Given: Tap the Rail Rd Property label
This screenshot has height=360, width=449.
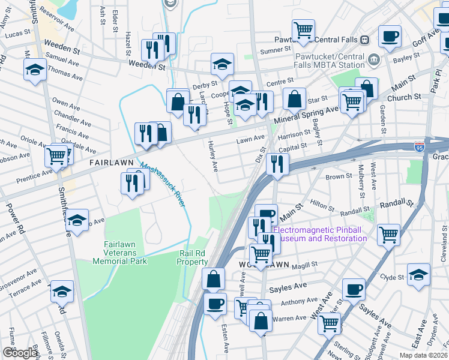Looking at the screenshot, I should point(193,257).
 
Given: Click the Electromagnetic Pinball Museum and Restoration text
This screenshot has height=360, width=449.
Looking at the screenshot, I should point(320,234).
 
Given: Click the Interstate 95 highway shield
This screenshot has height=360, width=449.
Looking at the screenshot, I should point(419,146).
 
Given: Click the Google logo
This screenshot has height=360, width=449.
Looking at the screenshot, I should point(20,353).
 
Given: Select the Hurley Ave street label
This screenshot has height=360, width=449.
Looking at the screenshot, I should point(212,155).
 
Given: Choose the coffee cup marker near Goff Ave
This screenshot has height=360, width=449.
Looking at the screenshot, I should point(389,35).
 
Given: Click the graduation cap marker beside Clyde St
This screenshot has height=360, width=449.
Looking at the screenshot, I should point(418,275).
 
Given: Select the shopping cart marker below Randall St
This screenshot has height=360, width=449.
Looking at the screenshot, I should point(388,234).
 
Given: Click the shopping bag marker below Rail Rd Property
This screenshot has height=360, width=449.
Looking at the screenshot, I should point(213,279).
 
